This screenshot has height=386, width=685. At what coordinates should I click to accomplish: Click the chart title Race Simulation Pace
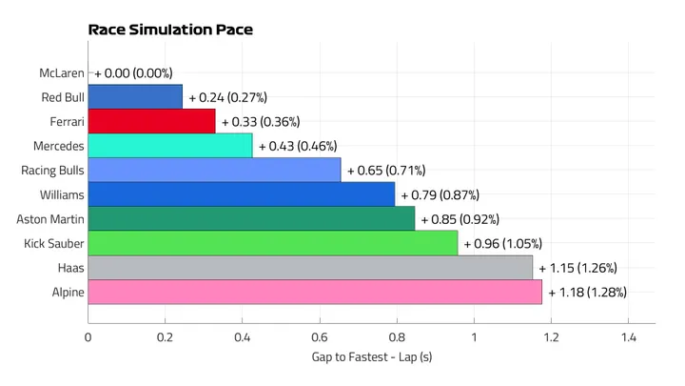tap(169, 30)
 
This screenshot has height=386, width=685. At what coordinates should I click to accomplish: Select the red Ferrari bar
tap(152, 121)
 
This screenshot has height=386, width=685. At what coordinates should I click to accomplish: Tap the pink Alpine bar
tap(315, 292)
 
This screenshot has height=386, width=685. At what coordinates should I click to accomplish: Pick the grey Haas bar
tap(310, 268)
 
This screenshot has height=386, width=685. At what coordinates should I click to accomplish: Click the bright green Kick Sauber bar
tap(273, 243)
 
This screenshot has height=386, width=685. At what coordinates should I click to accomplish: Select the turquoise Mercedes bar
tap(170, 146)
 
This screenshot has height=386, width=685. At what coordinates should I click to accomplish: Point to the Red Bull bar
tap(135, 96)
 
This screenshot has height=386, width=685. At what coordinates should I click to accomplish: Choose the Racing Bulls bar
tap(214, 170)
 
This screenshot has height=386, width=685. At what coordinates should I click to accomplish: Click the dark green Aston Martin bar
tap(252, 219)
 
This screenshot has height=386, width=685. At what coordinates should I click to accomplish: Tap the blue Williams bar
tap(242, 194)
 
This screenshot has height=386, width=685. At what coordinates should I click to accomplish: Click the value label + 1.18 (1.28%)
tap(587, 292)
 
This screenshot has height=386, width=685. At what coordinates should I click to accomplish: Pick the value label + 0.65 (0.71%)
tap(385, 170)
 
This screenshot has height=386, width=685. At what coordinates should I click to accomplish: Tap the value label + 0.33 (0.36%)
tap(261, 121)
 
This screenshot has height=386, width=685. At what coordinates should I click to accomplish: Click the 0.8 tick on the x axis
tap(396, 336)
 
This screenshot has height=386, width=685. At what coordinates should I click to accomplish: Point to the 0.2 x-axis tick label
tap(165, 336)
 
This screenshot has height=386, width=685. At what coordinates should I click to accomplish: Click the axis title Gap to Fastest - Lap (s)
tap(372, 357)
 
